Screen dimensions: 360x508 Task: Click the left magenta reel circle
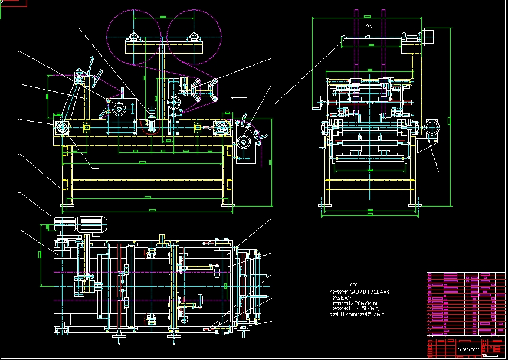135,34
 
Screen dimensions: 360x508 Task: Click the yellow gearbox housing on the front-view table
119,109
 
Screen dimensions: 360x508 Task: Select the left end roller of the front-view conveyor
61,127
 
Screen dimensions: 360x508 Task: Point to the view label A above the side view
368,27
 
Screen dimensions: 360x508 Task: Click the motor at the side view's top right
428,35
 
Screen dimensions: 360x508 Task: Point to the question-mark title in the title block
469,349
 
